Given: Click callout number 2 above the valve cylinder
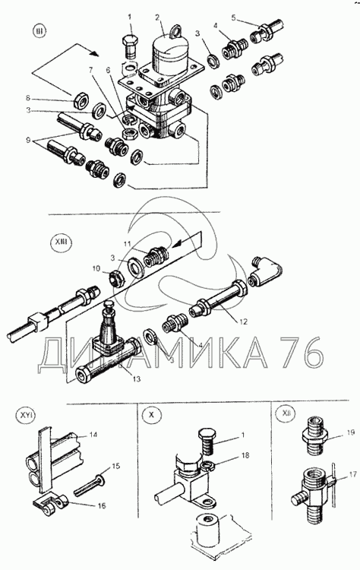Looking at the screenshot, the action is [157, 17].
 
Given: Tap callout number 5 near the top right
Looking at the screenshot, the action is [234, 17].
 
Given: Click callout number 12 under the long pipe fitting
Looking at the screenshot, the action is [243, 321].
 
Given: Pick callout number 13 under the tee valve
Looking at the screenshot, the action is [136, 379].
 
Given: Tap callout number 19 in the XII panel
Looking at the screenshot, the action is [350, 432].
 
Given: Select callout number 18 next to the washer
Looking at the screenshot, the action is [245, 455].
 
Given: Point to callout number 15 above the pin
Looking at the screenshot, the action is [116, 467].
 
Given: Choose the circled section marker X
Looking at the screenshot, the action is [151, 415].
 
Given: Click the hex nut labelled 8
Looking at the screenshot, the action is [81, 100].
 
